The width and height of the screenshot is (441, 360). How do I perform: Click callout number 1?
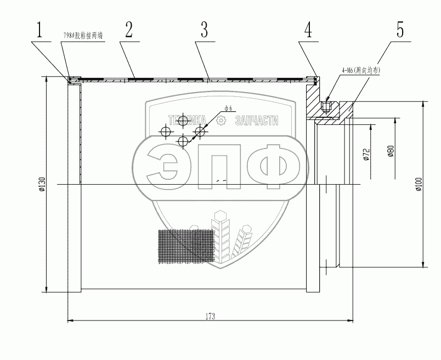tap(39, 30)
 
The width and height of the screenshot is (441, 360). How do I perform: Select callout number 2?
tap(129, 30)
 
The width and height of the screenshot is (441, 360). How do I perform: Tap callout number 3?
tap(203, 30)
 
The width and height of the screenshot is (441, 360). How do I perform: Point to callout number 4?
tap(308, 30)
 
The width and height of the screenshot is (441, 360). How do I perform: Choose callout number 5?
tap(400, 30)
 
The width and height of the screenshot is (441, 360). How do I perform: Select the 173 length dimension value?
tap(210, 316)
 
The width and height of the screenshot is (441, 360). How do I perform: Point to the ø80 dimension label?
tap(390, 152)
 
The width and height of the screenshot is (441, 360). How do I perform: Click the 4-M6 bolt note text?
tap(360, 70)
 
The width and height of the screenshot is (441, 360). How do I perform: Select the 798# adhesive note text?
tap(83, 35)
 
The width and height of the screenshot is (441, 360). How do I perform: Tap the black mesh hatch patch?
tap(185, 247)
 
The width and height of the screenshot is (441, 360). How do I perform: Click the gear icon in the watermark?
tap(221, 121)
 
